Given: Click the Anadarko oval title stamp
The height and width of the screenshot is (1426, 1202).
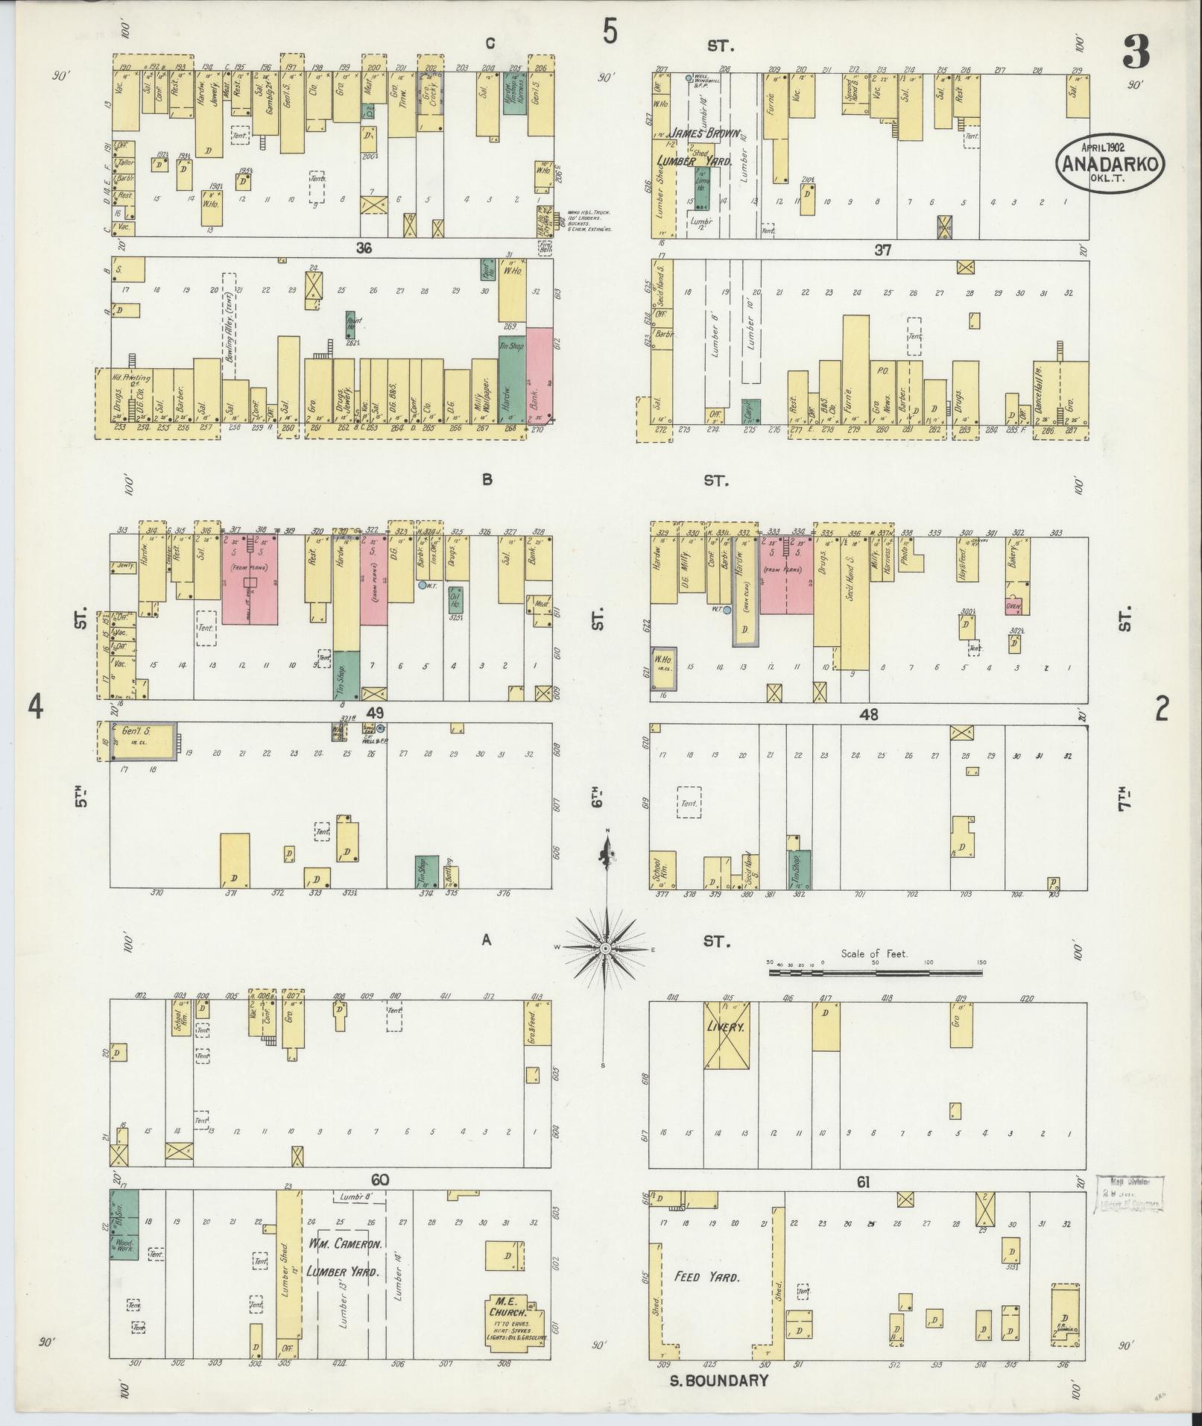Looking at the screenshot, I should tap(1109, 163).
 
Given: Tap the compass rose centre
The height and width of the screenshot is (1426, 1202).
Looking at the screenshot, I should tap(606, 947).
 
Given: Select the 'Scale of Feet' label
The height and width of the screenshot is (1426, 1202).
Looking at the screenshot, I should tap(874, 953).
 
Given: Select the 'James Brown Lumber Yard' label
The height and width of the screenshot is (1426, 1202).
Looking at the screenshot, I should tap(698, 147).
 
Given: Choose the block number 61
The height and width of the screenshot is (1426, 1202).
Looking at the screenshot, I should tap(863, 1202).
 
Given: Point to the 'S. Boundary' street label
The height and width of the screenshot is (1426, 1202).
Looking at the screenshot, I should tap(718, 1380).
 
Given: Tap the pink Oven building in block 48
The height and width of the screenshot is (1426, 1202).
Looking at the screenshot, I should tap(1012, 606).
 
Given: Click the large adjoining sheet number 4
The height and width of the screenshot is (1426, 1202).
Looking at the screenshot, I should tap(34, 707).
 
